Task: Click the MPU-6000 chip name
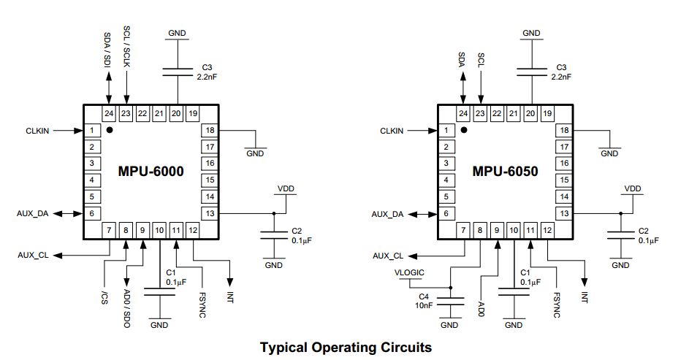coord(151,172)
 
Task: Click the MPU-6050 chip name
coord(505,172)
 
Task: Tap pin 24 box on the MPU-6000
coord(109,113)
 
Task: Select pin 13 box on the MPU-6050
coord(563,213)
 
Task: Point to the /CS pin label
coord(105,296)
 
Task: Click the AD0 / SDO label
coord(126,307)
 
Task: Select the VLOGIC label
coord(409,272)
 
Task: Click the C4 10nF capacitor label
coord(423,300)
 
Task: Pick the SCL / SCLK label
coord(126,47)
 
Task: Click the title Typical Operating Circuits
coord(346,347)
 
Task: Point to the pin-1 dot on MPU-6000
coord(110,130)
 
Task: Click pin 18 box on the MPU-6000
coord(210,130)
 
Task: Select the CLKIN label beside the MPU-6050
coord(391,131)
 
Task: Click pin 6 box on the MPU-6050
coord(445,213)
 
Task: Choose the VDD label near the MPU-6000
coord(286,188)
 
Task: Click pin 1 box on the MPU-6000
coord(91,130)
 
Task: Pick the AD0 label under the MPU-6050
coord(481,304)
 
